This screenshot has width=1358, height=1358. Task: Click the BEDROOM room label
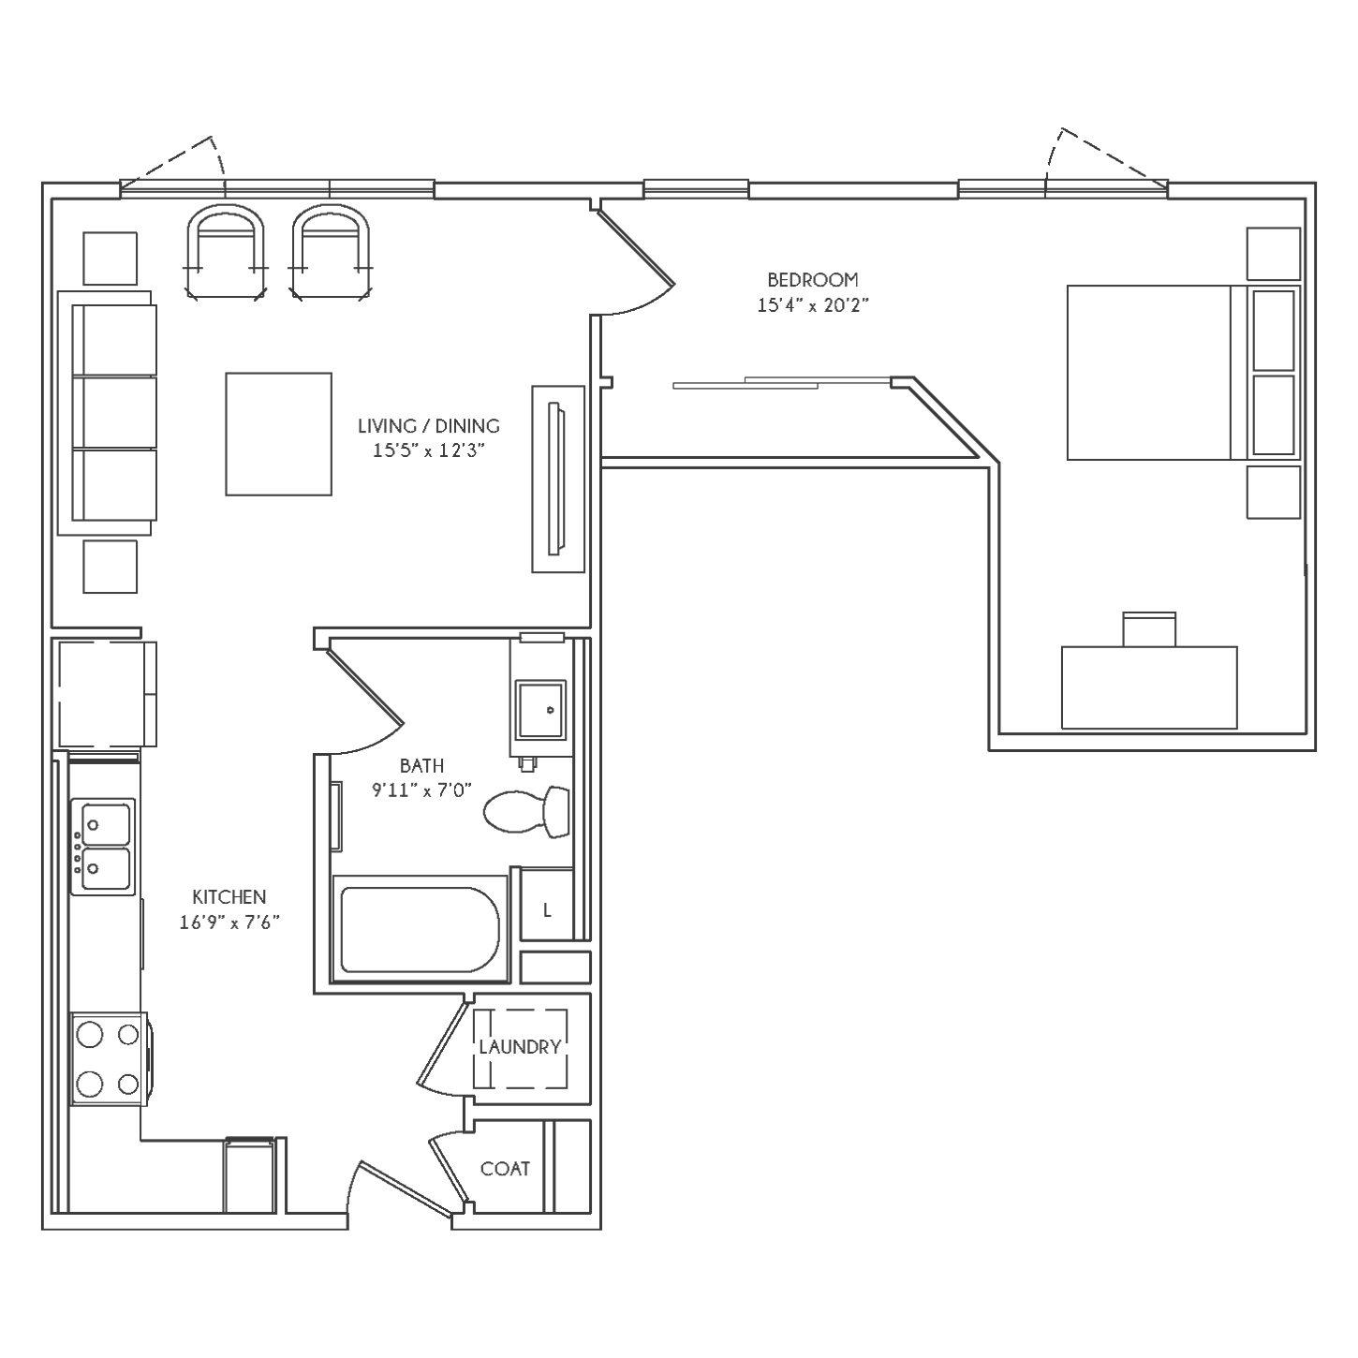(813, 280)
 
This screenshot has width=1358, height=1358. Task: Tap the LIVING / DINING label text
(428, 425)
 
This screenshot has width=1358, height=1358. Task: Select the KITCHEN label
(229, 897)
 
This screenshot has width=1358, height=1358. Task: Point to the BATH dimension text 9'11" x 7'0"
(421, 790)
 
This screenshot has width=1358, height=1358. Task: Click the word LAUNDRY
(520, 1047)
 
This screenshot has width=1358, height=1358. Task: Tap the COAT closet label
(505, 1169)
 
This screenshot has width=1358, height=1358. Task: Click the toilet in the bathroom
(526, 812)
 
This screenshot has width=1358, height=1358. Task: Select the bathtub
(420, 929)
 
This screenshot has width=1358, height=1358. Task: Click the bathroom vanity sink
(540, 710)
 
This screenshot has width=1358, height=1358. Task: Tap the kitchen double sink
(103, 847)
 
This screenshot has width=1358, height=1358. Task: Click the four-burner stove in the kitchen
(110, 1059)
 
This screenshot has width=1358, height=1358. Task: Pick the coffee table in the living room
(278, 435)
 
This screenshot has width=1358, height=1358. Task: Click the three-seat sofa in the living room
(107, 413)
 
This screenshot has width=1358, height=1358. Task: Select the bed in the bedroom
(1183, 372)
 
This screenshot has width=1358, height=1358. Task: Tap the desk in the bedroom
(1149, 687)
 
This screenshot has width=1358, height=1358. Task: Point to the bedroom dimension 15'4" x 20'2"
(813, 305)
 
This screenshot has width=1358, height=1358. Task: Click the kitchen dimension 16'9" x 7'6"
(229, 923)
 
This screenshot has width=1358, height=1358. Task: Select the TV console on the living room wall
(558, 480)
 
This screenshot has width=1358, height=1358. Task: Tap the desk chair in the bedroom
(1149, 629)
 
